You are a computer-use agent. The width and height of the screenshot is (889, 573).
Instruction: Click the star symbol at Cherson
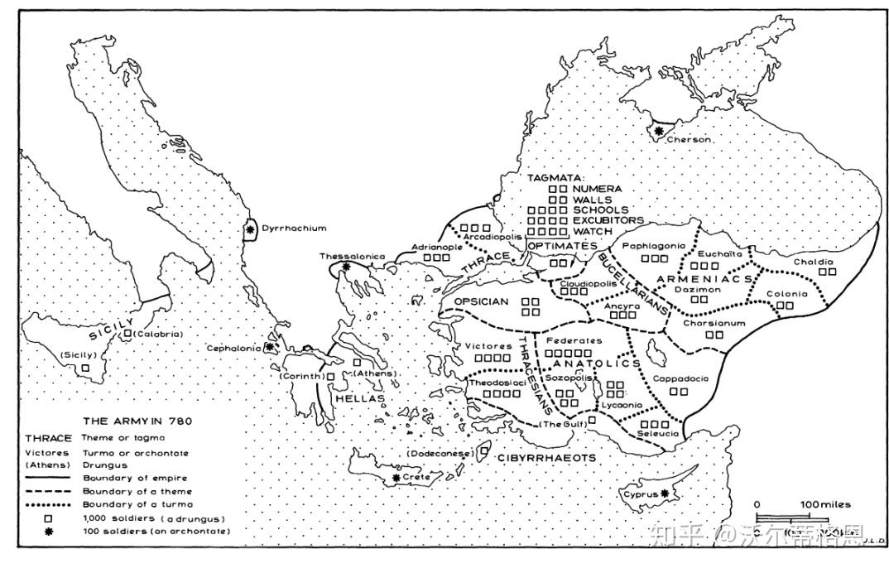(x=659, y=130)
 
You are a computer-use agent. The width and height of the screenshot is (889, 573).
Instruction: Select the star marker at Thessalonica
(x=346, y=267)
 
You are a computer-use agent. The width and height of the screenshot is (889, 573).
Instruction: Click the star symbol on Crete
(x=396, y=478)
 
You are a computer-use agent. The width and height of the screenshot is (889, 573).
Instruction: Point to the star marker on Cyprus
(x=664, y=494)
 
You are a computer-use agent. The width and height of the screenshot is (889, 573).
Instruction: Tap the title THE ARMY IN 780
(x=137, y=421)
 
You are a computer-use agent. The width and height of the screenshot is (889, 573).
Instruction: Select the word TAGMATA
(x=555, y=178)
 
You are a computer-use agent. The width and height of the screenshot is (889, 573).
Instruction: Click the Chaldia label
(x=813, y=262)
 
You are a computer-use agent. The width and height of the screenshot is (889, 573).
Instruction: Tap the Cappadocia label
(x=680, y=378)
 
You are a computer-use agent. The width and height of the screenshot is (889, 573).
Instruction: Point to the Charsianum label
(x=714, y=323)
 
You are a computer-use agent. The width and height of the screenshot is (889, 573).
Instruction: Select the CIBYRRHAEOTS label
(x=546, y=457)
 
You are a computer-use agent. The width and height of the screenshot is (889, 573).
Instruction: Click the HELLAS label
(x=360, y=398)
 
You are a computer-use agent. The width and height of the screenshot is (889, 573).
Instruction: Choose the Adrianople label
(x=435, y=247)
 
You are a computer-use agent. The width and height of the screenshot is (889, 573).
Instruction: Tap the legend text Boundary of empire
(x=135, y=478)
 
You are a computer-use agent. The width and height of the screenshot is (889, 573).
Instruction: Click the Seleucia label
(x=659, y=434)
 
